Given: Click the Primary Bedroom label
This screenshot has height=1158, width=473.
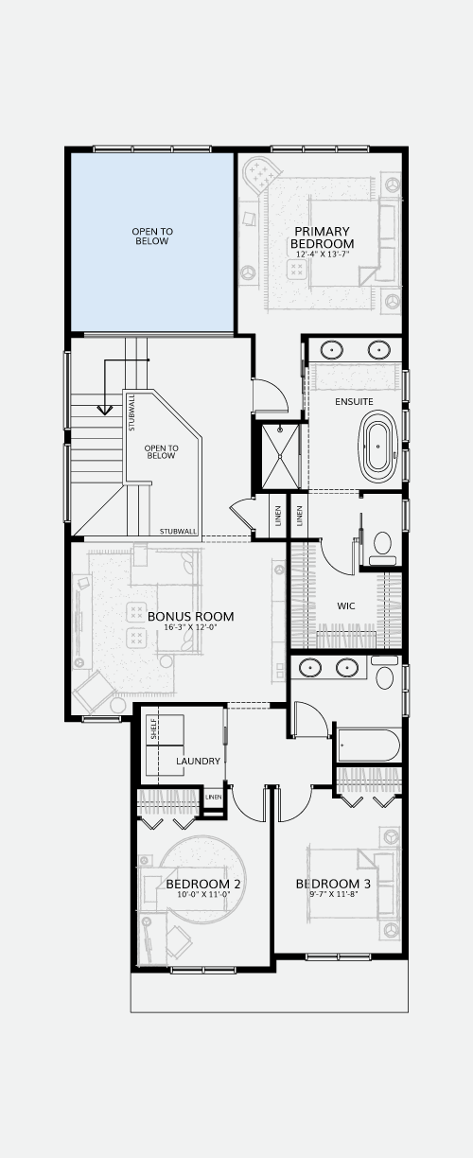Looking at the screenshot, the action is click(x=322, y=237).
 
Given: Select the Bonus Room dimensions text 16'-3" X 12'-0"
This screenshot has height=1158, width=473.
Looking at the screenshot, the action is click(x=191, y=627).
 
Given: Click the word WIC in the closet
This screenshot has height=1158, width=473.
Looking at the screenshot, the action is click(x=346, y=605).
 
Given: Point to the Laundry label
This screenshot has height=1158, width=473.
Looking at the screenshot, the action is click(x=198, y=761).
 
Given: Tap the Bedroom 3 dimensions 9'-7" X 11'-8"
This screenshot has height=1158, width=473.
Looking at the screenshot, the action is click(x=334, y=894).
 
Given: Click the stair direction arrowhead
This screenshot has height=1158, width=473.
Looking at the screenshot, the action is click(x=105, y=410).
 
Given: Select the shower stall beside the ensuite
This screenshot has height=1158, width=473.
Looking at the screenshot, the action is click(x=280, y=456).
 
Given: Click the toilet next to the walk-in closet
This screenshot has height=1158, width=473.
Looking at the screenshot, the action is click(x=382, y=549).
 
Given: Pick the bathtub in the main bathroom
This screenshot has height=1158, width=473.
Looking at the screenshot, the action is click(x=369, y=745).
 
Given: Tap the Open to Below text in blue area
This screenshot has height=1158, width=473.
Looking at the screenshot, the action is click(x=152, y=237).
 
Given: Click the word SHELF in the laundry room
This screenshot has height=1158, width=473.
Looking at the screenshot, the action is click(x=153, y=728).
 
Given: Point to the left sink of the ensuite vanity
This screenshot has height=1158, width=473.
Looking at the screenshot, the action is click(x=331, y=350).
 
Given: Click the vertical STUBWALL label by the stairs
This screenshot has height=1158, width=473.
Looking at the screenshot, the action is click(x=131, y=412).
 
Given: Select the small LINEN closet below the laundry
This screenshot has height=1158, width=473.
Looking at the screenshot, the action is click(x=214, y=798).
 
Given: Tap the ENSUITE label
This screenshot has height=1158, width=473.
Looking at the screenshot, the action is click(x=354, y=402).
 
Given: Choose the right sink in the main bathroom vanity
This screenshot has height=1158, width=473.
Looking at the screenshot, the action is click(x=347, y=667).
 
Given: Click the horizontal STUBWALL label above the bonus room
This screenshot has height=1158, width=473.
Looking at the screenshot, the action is click(x=179, y=532).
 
